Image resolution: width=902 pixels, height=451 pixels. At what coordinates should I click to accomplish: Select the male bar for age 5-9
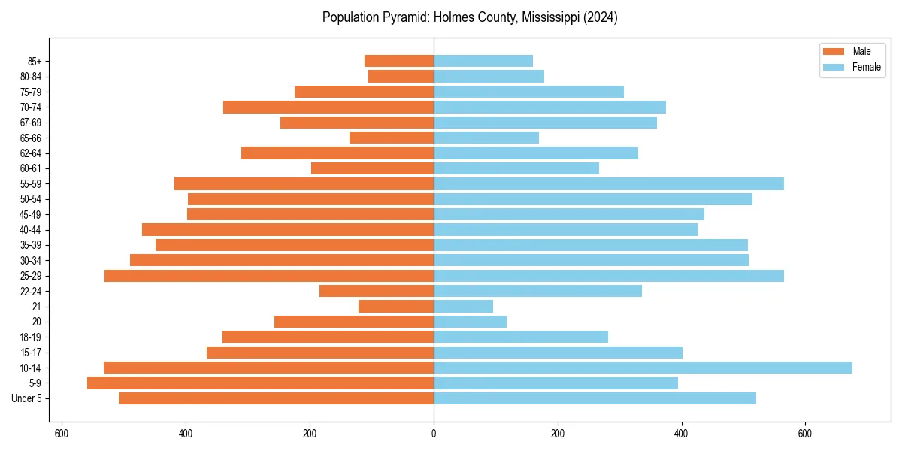coord(260,383)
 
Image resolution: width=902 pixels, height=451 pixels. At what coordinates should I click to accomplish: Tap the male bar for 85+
coord(399,61)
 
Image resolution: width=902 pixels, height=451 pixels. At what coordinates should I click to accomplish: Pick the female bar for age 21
coord(463,306)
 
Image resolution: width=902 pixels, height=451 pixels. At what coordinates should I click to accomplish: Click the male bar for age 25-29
coord(269,276)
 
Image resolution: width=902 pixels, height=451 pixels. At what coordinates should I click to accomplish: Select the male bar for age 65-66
coord(392,138)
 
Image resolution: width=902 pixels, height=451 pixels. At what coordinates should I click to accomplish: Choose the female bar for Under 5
coord(595,398)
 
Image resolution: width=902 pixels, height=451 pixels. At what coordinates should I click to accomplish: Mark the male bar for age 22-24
coord(377,291)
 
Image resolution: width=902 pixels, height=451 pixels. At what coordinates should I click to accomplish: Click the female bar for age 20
coord(470,322)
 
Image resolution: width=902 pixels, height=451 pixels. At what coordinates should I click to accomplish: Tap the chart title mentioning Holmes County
coord(470,17)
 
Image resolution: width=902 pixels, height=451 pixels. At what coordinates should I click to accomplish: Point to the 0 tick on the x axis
coord(434,434)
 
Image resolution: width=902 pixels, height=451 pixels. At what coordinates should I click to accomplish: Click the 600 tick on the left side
coord(62,434)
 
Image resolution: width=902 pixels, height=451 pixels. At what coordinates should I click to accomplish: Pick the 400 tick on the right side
coord(681,434)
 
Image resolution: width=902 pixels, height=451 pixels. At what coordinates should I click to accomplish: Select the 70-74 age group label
coord(30,107)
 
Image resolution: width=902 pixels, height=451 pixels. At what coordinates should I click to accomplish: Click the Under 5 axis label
coord(27,398)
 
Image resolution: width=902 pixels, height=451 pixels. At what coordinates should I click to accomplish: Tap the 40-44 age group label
coord(30,230)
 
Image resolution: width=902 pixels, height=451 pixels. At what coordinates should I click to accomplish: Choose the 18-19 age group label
coord(30,337)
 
